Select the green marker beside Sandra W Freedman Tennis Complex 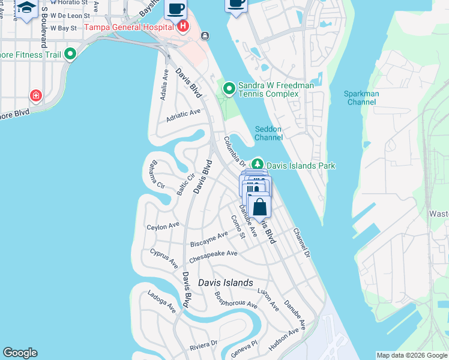pyautogui.click(x=229, y=89)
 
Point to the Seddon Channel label pyautogui.click(x=268, y=133)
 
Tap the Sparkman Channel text pyautogui.click(x=360, y=98)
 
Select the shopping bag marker pyautogui.click(x=260, y=207)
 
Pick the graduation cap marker pyautogui.click(x=26, y=7)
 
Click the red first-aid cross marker pyautogui.click(x=36, y=95)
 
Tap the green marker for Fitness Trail pyautogui.click(x=70, y=55)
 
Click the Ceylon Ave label pyautogui.click(x=163, y=226)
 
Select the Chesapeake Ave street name pyautogui.click(x=213, y=257)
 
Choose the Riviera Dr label pyautogui.click(x=202, y=346)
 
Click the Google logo pyautogui.click(x=20, y=353)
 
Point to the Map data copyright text pyautogui.click(x=412, y=355)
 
